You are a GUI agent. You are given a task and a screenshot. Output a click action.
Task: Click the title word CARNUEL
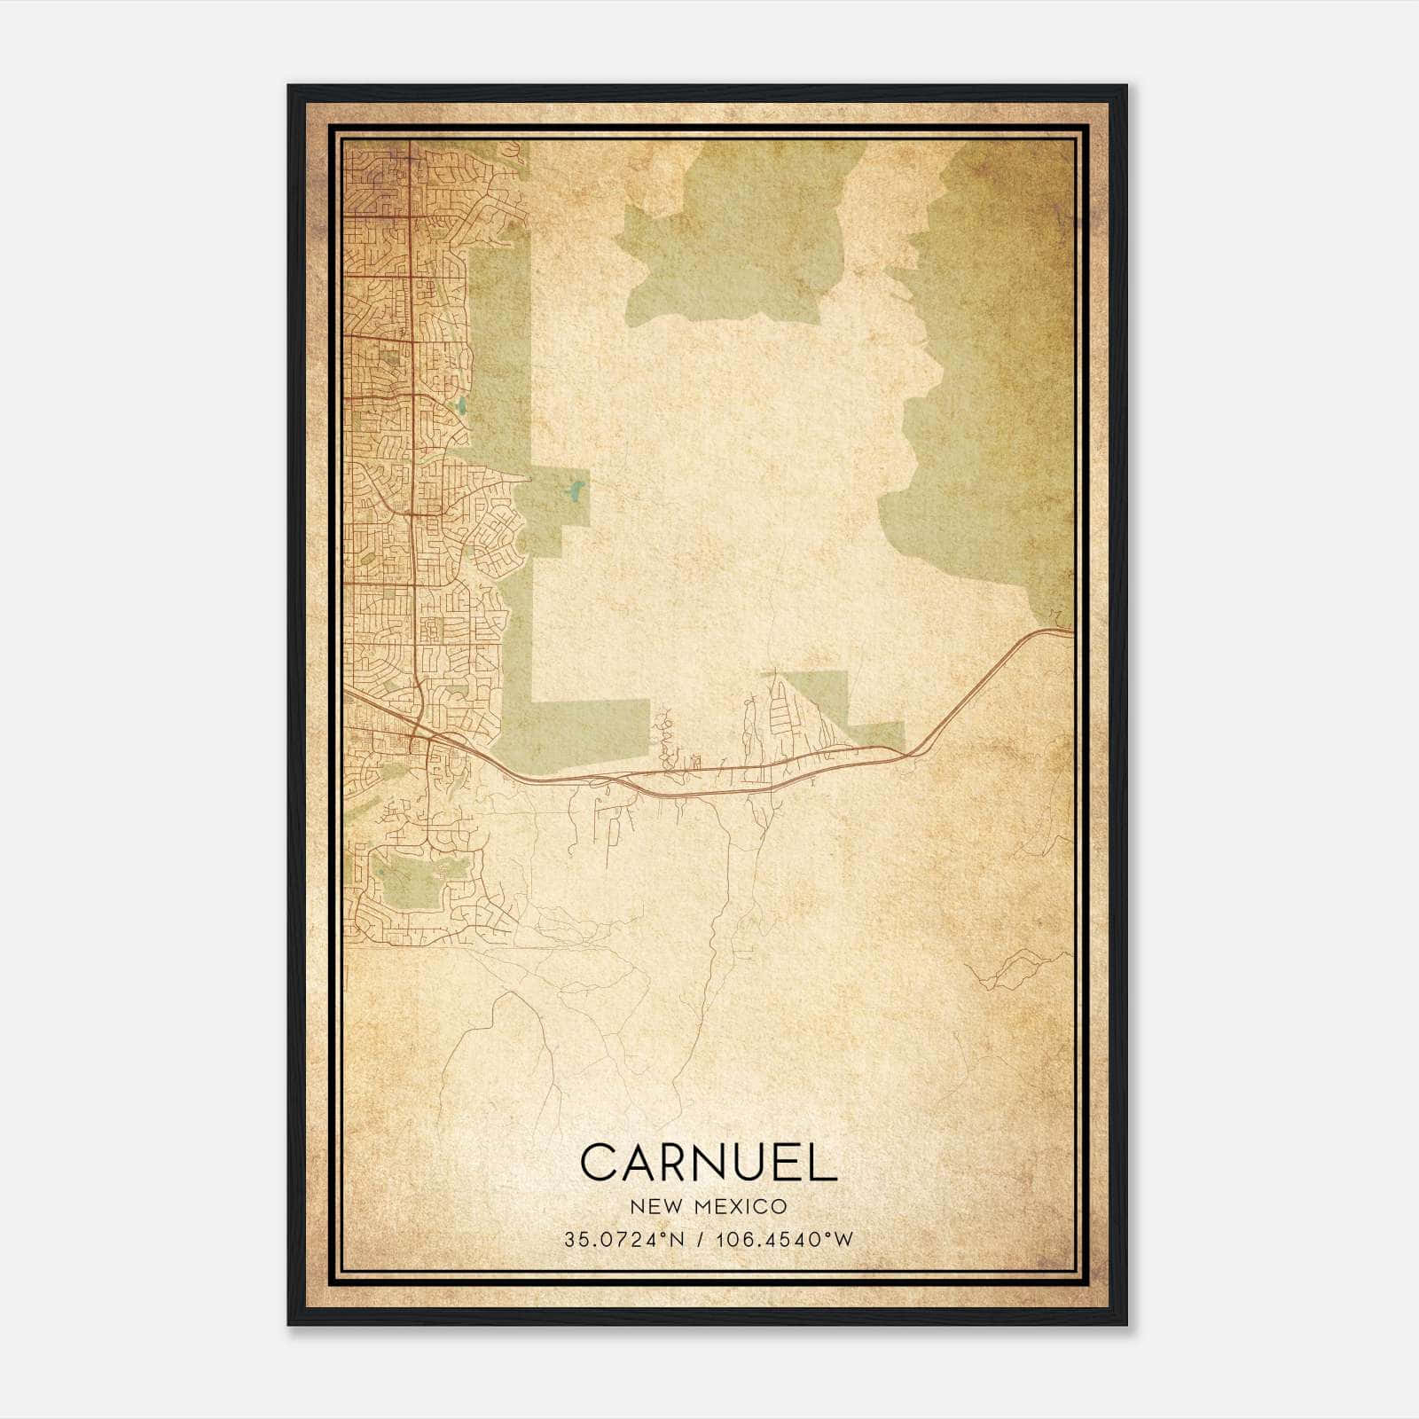coord(709,1162)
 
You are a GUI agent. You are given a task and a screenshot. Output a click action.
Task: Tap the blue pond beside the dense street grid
coord(461,407)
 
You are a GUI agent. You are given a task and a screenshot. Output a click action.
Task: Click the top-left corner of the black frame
coord(290,87)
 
